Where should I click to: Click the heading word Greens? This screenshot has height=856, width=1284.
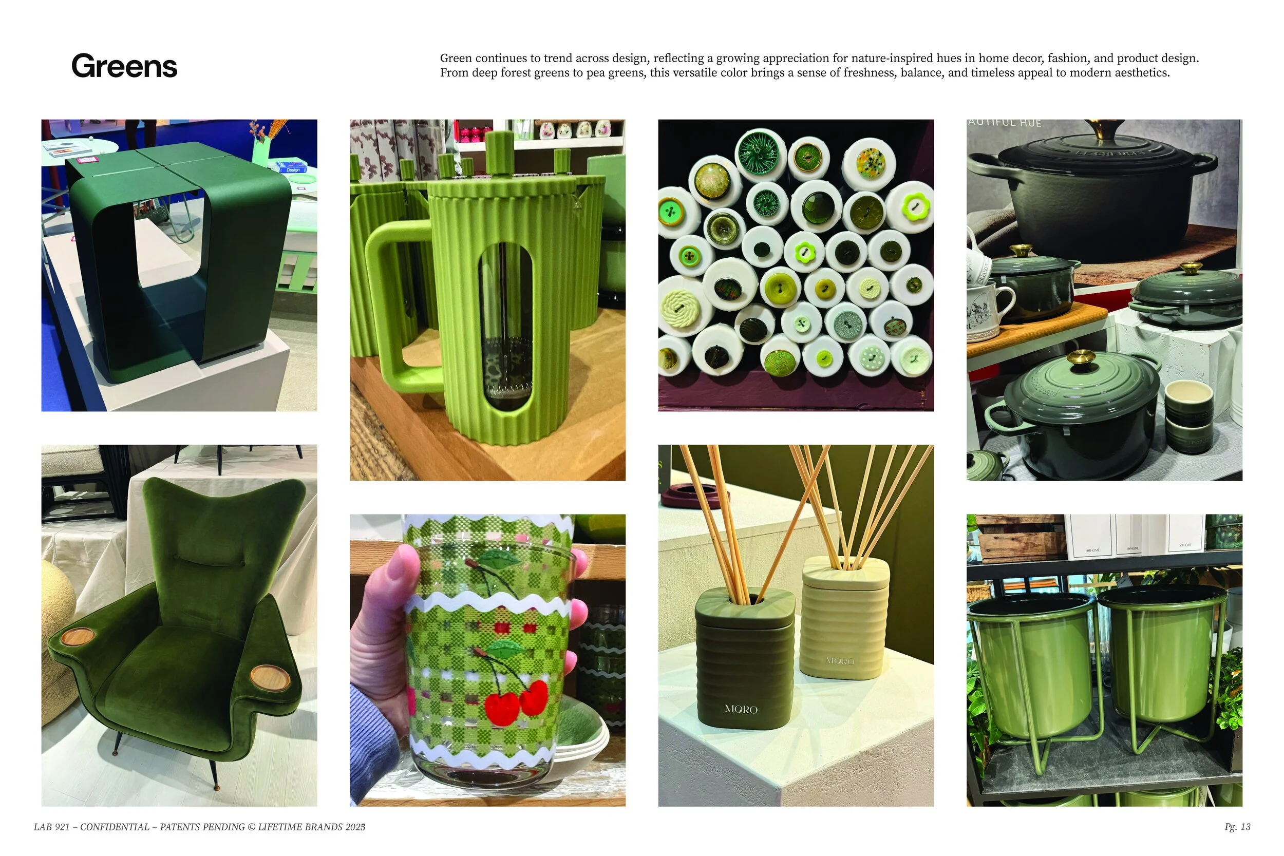click(x=124, y=67)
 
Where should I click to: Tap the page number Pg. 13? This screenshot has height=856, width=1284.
click(x=1237, y=827)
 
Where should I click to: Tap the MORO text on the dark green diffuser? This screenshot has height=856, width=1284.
click(x=741, y=709)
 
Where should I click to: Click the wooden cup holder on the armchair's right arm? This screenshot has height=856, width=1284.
click(x=270, y=677)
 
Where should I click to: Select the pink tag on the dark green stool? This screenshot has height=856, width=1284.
click(x=87, y=160)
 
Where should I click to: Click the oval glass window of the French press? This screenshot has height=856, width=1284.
click(x=505, y=328)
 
